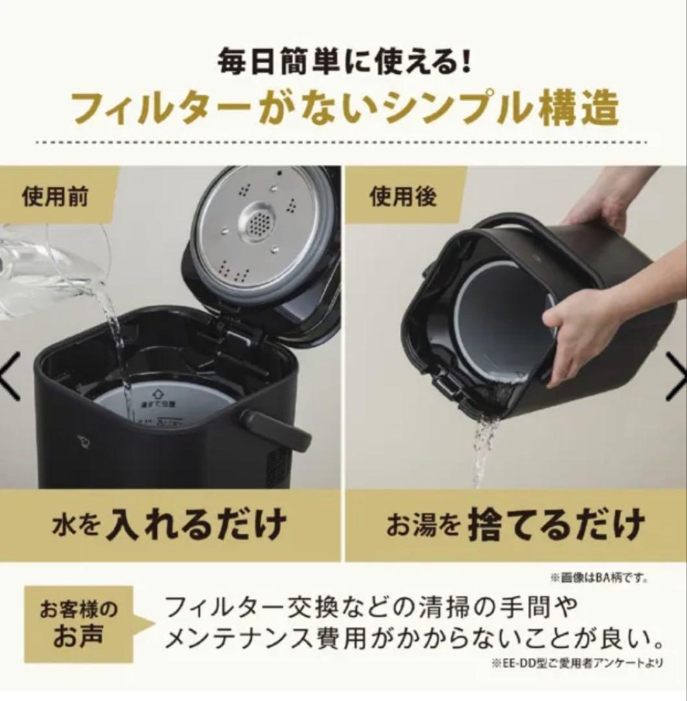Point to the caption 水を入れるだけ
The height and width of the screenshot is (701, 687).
(x=170, y=524)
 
